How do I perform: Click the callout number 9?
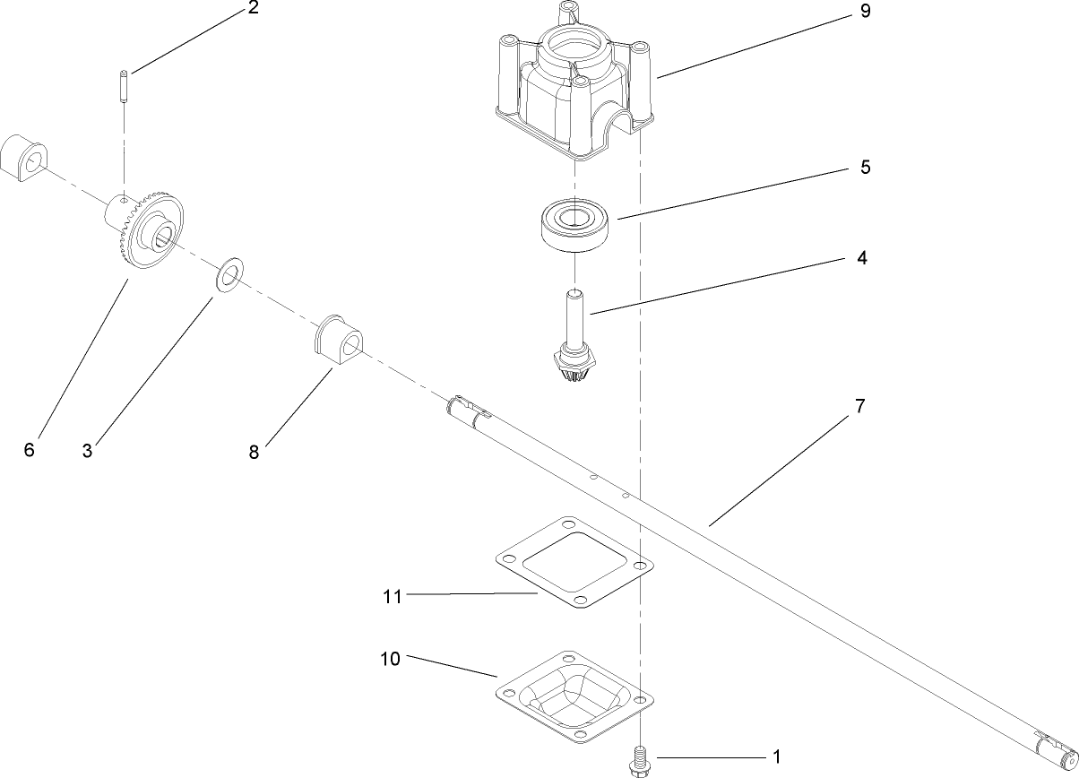[x=864, y=13]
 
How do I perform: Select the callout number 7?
[x=859, y=406]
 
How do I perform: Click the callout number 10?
[x=390, y=659]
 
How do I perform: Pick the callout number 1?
[x=776, y=757]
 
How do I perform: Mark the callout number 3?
[x=87, y=451]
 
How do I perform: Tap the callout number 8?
[x=254, y=453]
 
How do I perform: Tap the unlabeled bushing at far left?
[x=24, y=159]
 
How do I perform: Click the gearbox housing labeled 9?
[x=574, y=90]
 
